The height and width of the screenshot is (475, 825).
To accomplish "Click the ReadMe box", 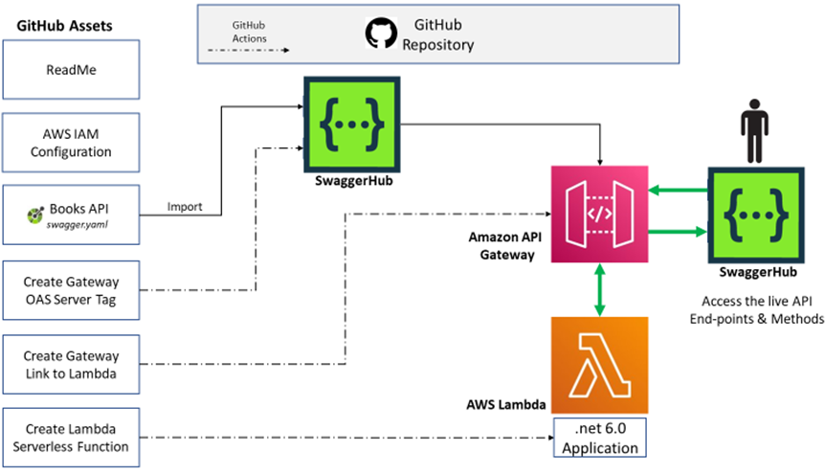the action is (x=71, y=70).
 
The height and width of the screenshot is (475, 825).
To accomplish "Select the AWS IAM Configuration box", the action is (x=71, y=142).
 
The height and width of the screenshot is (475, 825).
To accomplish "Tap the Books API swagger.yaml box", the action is (x=71, y=215).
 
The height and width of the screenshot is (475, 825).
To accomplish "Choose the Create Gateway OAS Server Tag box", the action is (x=71, y=290).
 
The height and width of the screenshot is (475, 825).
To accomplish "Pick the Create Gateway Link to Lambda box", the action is (x=71, y=365).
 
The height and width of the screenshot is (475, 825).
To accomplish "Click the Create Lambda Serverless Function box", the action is (x=71, y=438).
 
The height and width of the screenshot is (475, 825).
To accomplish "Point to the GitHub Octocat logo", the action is (x=381, y=34).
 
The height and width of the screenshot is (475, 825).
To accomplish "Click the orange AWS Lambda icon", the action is (x=599, y=365).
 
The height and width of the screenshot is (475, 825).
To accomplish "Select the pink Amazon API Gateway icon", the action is (x=599, y=214).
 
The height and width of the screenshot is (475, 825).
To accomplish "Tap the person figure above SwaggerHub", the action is (x=754, y=130).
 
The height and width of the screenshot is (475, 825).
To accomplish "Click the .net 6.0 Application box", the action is (x=600, y=438).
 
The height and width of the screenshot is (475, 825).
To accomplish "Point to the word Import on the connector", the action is (x=185, y=207).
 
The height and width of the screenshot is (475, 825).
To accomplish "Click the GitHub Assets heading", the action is (x=64, y=26).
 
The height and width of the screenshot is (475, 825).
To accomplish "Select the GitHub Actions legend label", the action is (x=250, y=32).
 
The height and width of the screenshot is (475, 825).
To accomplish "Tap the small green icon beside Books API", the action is (x=35, y=215).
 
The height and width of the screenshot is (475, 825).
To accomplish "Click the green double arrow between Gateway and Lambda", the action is (x=599, y=289).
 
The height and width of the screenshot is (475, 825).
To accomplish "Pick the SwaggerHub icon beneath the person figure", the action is (x=756, y=215).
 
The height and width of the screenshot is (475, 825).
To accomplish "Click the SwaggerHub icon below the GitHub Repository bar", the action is (x=352, y=124).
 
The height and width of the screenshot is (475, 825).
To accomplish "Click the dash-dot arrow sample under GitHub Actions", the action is (x=248, y=50).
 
